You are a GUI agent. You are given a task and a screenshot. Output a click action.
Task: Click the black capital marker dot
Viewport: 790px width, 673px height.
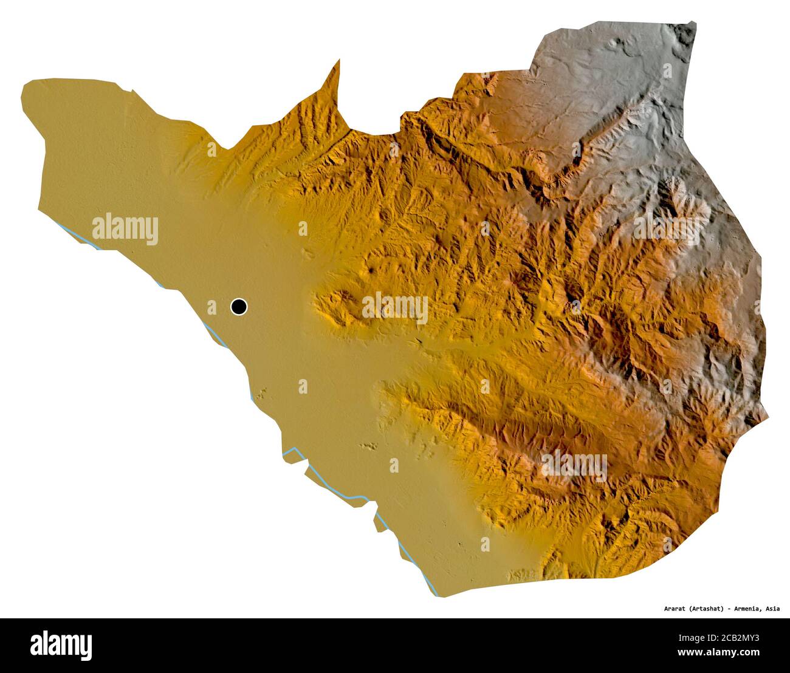click(x=239, y=307)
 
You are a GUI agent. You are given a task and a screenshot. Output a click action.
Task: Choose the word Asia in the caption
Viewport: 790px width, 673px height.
click(x=780, y=609)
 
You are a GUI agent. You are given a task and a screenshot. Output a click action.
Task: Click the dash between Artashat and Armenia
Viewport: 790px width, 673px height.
click(x=734, y=609)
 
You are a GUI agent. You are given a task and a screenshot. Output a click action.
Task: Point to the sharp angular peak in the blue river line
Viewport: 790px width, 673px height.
click(x=295, y=449)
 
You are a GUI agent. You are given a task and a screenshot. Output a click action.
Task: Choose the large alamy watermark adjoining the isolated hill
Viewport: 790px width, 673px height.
click(x=395, y=308)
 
